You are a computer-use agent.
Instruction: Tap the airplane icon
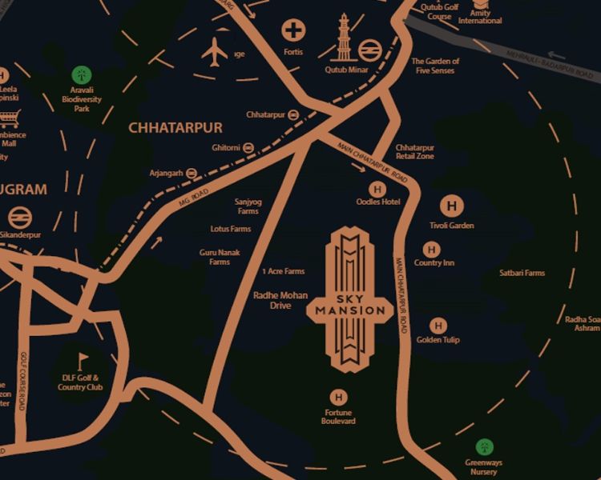[215, 52]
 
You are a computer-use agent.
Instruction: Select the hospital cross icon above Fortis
[294, 31]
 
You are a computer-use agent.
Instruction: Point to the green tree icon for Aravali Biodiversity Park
[81, 75]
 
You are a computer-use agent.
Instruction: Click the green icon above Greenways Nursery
[483, 446]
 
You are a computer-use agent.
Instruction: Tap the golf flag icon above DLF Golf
[80, 359]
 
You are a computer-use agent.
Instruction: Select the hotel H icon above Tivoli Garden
[452, 206]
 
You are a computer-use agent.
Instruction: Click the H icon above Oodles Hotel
[377, 189]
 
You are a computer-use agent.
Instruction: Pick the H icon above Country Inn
[434, 250]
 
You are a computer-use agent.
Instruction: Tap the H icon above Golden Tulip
[438, 326]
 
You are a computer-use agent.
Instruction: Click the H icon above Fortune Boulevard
[338, 397]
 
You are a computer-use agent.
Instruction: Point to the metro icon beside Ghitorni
[248, 148]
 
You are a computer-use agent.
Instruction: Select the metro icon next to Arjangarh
[191, 173]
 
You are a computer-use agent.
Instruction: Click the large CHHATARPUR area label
[175, 127]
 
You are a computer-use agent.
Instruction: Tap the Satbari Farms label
[521, 273]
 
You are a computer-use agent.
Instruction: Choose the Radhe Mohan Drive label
[280, 300]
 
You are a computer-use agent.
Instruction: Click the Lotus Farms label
[231, 229]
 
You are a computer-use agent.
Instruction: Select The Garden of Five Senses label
[435, 66]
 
